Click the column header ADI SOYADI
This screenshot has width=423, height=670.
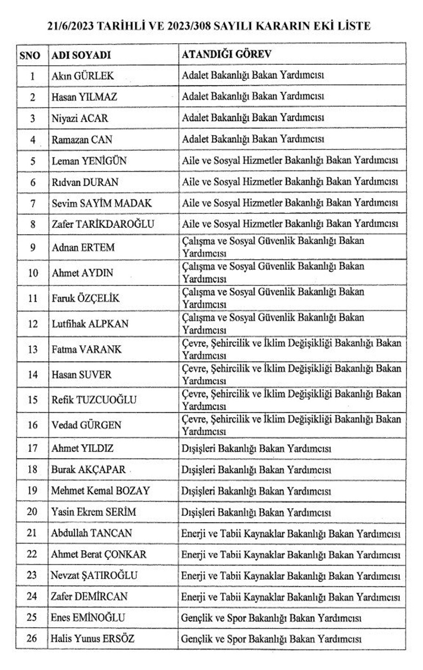[81, 55]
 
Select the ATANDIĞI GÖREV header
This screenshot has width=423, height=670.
[226, 54]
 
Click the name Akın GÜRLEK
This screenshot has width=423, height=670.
[83, 76]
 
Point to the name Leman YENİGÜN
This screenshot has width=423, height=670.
[89, 161]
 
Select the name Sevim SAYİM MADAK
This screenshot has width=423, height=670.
[102, 203]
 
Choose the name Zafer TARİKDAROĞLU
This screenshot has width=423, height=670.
[102, 224]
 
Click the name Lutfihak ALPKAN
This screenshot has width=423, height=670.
[90, 324]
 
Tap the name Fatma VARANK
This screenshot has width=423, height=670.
[86, 349]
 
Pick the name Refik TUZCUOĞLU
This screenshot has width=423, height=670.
[94, 400]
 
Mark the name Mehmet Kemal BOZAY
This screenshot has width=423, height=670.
[100, 491]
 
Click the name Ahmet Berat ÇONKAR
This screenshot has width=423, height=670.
[99, 554]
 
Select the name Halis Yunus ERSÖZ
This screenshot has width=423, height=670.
[93, 638]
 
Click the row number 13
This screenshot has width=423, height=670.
[32, 349]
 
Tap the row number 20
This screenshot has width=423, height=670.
[32, 512]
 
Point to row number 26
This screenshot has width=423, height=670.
[32, 638]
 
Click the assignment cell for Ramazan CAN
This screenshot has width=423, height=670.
[253, 139]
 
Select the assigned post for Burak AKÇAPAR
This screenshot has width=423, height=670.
[256, 470]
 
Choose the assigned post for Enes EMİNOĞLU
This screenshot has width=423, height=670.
[271, 618]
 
